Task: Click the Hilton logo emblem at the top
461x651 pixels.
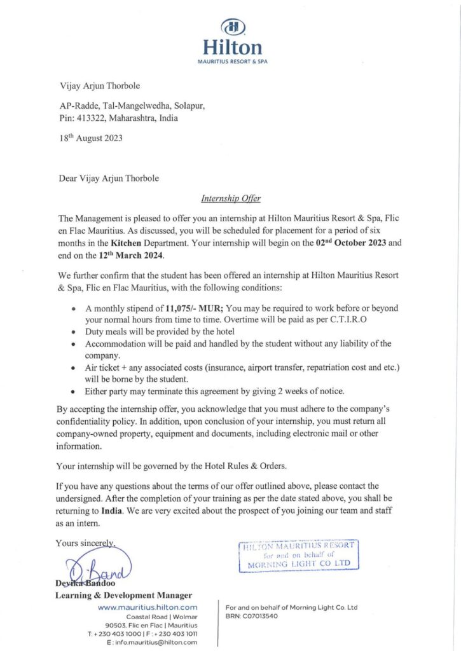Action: coord(232,27)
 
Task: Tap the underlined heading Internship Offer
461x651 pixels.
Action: coord(231,198)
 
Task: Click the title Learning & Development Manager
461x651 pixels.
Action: coord(123,596)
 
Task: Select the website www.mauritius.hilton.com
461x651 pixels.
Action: coord(148,608)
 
